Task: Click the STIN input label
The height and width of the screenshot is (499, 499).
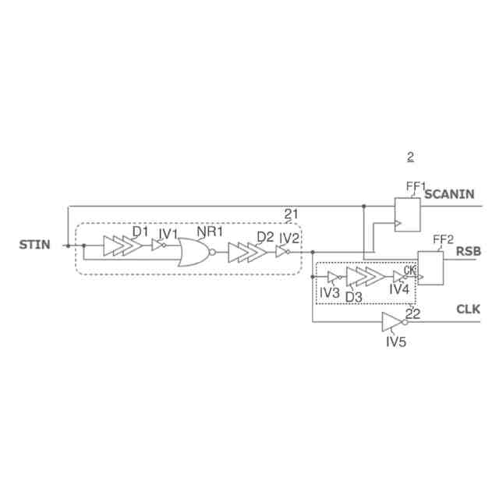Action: point(34,245)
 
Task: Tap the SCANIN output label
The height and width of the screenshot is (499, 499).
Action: point(449,194)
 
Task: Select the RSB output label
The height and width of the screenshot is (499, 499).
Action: point(469,251)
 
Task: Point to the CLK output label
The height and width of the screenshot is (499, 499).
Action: point(468,309)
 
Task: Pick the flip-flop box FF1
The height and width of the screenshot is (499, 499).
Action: point(407,214)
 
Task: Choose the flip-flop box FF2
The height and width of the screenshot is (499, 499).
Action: point(430,268)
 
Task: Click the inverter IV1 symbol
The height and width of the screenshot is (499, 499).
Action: point(159,245)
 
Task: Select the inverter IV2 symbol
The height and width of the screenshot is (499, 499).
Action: point(283,252)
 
